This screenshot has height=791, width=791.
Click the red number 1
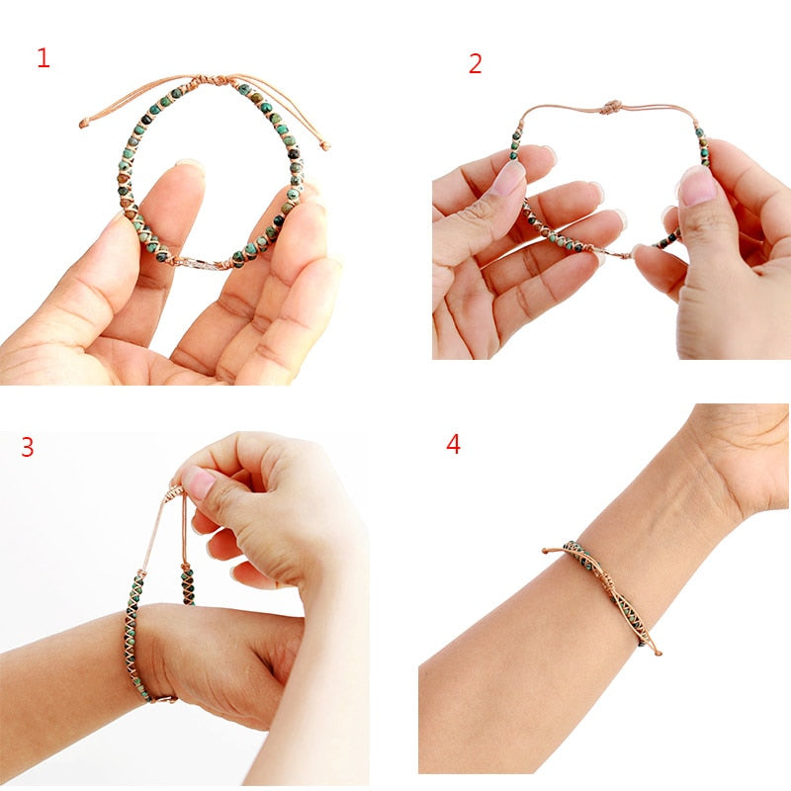coord(43,58)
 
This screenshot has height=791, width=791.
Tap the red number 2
coord(476,64)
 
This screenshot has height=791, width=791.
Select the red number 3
coord(28,447)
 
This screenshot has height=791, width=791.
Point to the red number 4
coord(453,444)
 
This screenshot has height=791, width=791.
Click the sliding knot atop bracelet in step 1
coord(223,80)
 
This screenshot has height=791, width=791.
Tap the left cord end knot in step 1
coord(84,124)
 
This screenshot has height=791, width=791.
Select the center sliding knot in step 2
coord(611,106)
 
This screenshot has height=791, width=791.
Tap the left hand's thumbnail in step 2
coord(509,177)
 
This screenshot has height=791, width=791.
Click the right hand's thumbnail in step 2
coord(697,185)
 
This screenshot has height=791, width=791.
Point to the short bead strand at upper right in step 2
coord(701,145)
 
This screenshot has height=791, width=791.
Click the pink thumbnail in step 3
coord(198,483)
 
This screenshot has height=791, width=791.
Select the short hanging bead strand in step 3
coord(186,583)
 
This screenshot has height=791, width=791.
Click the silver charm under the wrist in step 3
coord(168,699)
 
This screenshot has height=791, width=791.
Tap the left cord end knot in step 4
coord(546,550)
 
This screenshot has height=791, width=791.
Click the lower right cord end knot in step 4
coord(657,652)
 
